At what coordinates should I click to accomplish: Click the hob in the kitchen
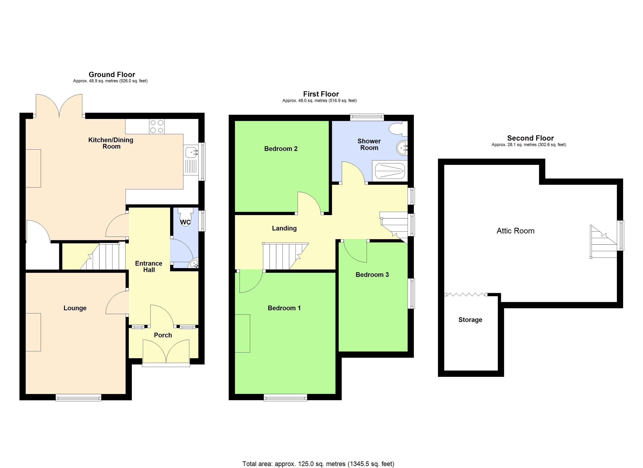pyautogui.click(x=157, y=127)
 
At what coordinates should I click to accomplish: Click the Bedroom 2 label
pyautogui.click(x=281, y=149)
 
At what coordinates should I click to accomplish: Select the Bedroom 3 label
pyautogui.click(x=372, y=275)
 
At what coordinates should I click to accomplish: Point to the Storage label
pyautogui.click(x=470, y=320)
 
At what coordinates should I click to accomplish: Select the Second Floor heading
pyautogui.click(x=530, y=138)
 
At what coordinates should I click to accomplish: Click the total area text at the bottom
pyautogui.click(x=318, y=464)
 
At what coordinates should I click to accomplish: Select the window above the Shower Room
pyautogui.click(x=367, y=116)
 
